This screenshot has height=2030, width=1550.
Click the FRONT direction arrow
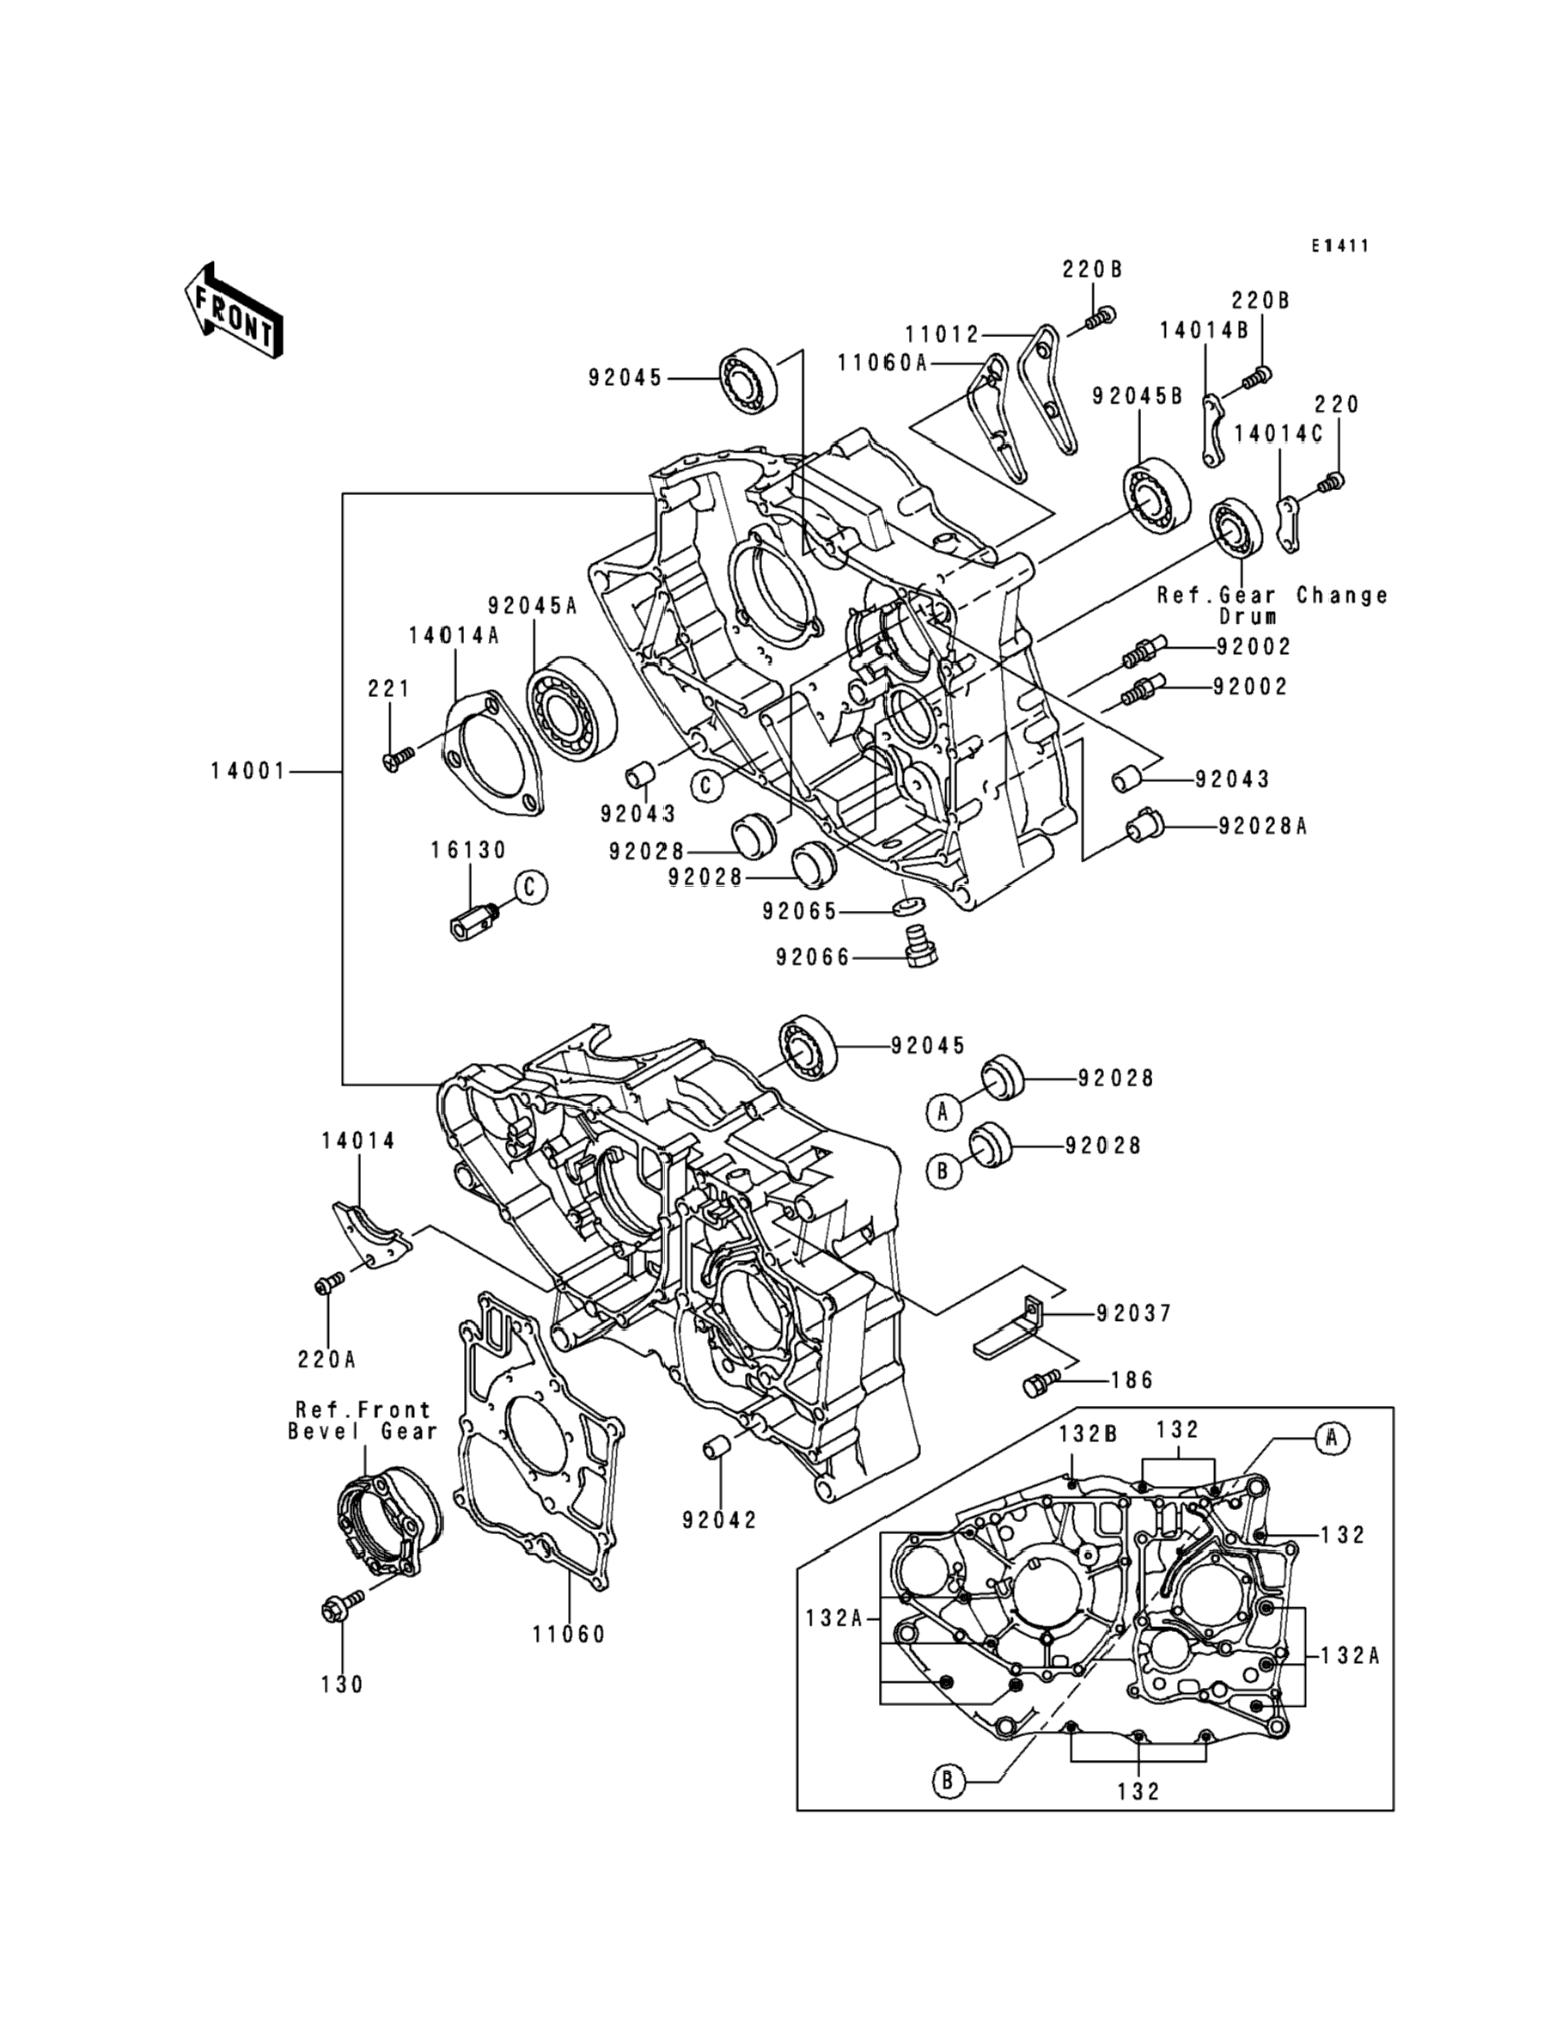point(234,311)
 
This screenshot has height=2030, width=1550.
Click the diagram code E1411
point(1341,247)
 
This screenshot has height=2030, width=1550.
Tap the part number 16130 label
point(468,850)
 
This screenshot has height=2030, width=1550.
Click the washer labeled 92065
point(910,903)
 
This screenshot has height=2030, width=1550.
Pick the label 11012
point(942,335)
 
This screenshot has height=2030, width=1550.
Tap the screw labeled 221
point(398,757)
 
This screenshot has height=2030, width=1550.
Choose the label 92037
point(1134,1313)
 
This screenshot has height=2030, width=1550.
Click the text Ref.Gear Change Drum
point(1273,605)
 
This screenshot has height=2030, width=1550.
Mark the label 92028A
point(1262,826)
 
